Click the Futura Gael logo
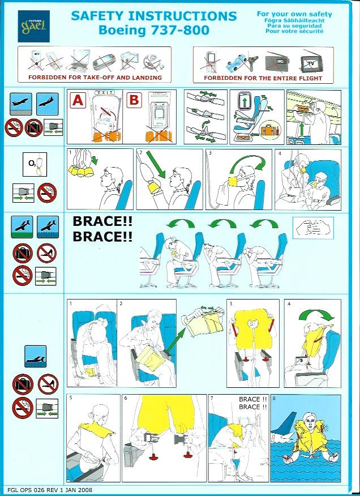[33, 26]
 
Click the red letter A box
[78, 100]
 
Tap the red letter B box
[134, 100]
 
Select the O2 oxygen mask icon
[35, 164]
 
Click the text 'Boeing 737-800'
[154, 30]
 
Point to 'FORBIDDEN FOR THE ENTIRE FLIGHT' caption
[263, 78]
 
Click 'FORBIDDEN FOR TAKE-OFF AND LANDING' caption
[95, 77]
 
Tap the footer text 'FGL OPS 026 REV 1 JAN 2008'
[50, 490]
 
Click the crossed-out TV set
[308, 63]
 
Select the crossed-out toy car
[237, 63]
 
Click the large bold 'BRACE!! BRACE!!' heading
[102, 229]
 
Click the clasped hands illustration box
[313, 228]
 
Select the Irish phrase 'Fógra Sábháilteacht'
[294, 20]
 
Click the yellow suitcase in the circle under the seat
[268, 130]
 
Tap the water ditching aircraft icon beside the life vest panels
[36, 356]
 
